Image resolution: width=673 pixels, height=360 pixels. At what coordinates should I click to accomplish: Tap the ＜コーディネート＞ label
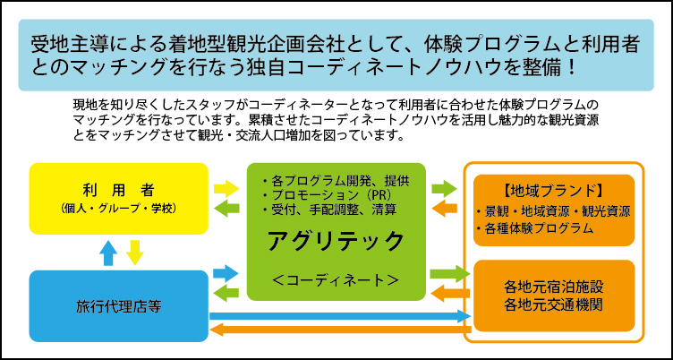(336, 279)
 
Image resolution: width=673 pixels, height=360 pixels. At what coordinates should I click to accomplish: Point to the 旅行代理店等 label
(117, 307)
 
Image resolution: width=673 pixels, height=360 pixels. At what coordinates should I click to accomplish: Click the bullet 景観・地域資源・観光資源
(552, 213)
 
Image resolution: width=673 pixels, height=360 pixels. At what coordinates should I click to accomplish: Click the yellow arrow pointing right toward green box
(227, 188)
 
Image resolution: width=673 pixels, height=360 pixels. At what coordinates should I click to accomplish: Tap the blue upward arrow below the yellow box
(108, 253)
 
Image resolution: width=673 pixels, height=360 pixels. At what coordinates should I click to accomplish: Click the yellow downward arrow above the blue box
(135, 253)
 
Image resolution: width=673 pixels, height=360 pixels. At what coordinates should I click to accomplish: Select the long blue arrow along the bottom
(340, 315)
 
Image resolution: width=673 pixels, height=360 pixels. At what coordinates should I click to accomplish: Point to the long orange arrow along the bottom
(340, 331)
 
